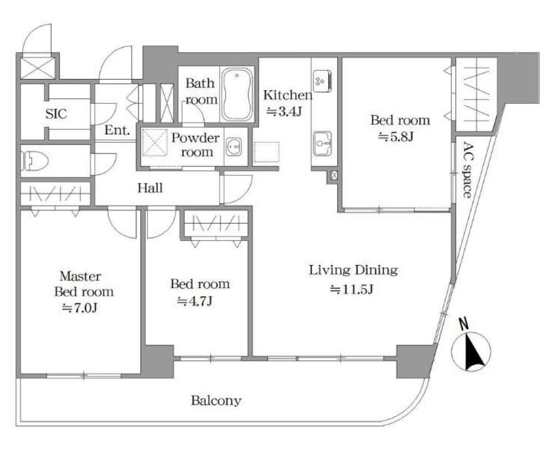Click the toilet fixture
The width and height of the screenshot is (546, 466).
pos(34,161)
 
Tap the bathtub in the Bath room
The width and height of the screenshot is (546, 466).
pos(237,94)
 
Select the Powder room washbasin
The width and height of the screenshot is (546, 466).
pos(234,147)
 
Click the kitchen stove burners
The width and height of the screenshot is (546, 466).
pos(322,81)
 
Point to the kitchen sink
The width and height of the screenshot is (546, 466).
pos(322,143)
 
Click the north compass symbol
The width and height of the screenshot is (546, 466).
pos(471,351)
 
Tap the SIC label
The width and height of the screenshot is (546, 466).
pos(56,114)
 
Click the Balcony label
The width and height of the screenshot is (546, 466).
pos(216,401)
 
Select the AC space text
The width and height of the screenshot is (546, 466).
pos(468,170)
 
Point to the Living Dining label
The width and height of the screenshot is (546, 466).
pos(353,270)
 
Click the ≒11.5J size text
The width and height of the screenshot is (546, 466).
pos(351,290)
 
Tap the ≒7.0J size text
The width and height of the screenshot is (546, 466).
pos(80,308)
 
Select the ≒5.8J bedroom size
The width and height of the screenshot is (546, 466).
pos(396,137)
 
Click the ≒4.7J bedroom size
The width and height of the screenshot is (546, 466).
pos(195,301)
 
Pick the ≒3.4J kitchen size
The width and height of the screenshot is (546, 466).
pos(284,111)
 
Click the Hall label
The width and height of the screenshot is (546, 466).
pos(150,188)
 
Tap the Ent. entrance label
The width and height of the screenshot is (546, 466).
pos(117,130)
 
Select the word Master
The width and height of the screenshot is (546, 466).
pos(80,276)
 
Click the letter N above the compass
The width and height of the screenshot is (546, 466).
pos(464,324)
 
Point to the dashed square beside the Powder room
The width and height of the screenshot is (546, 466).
pos(266,152)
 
